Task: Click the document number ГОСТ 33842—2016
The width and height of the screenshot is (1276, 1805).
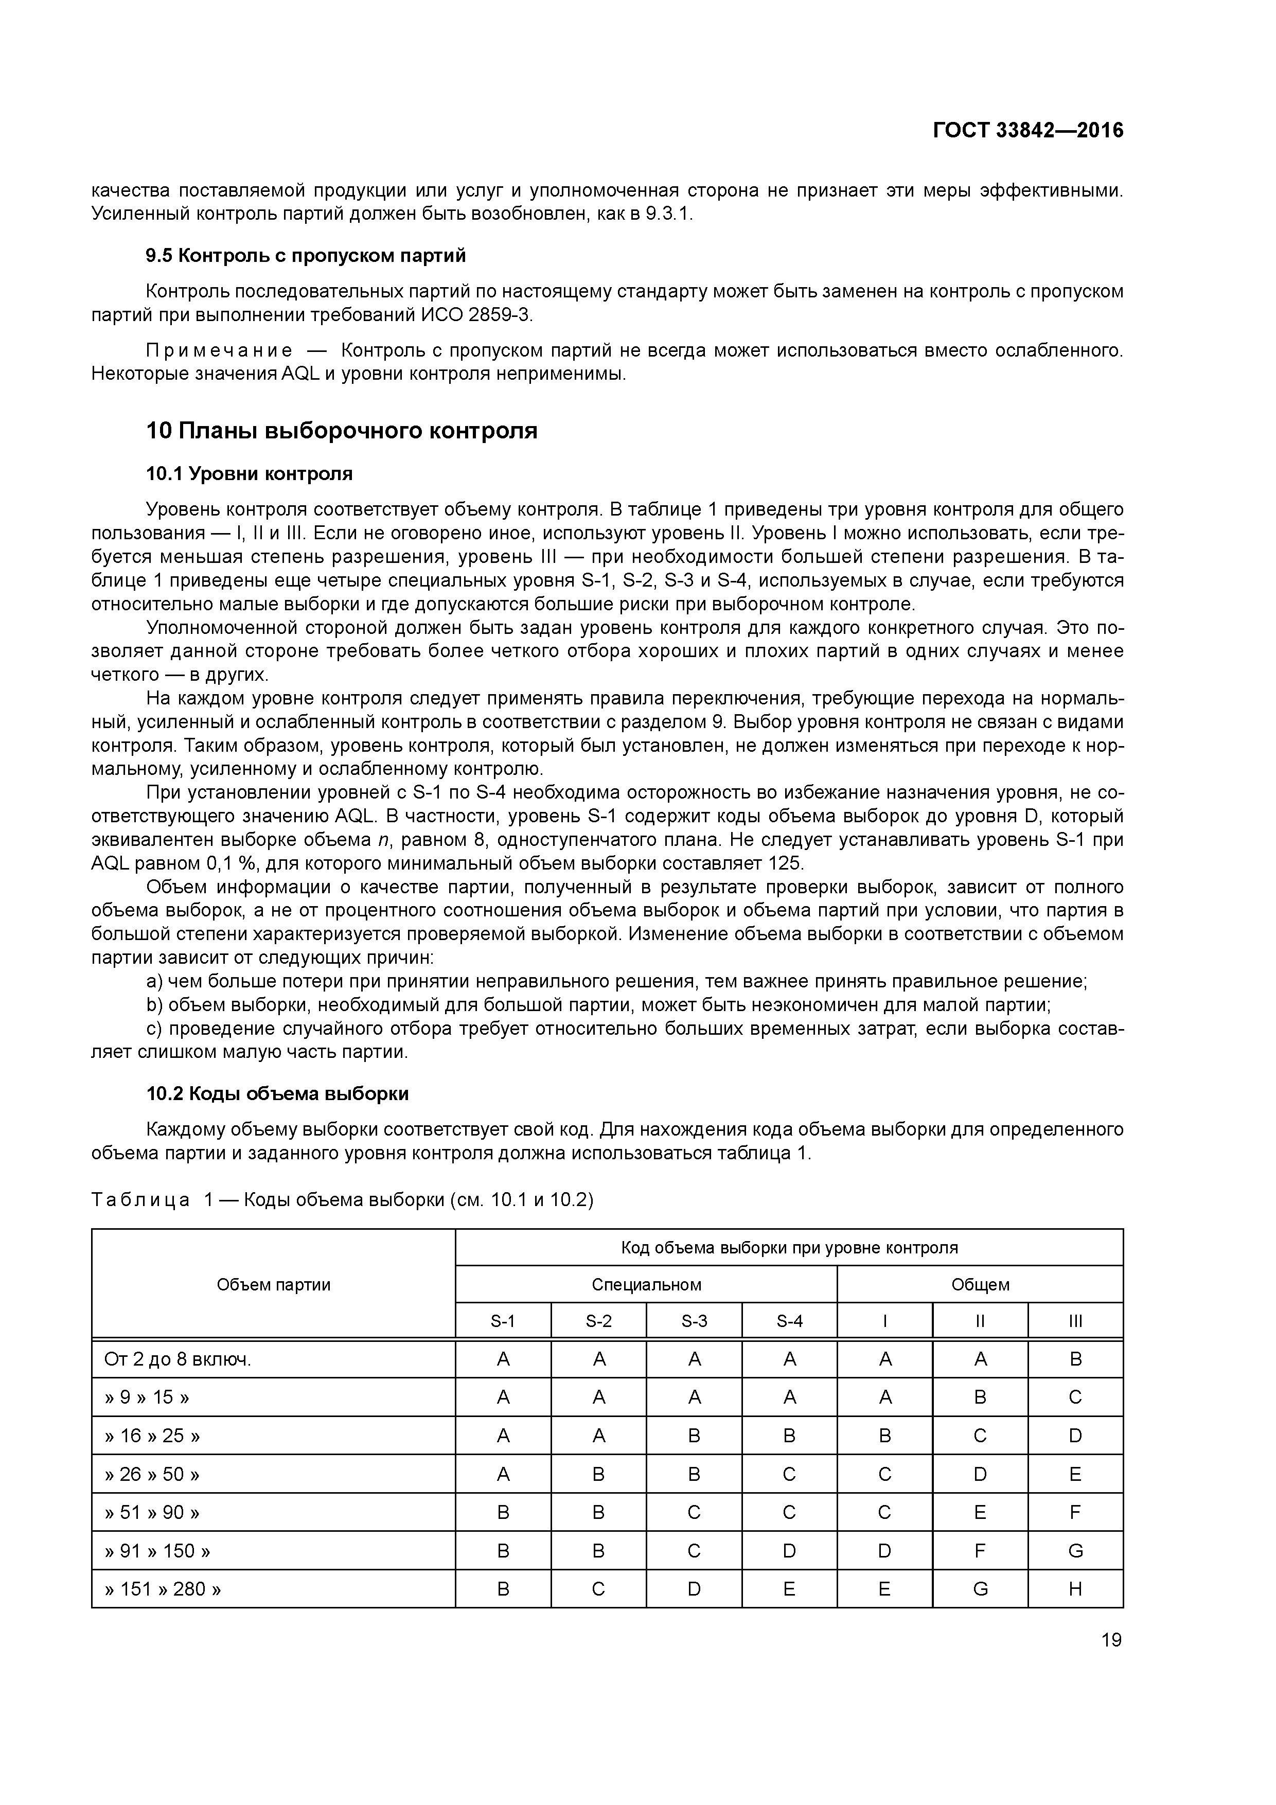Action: click(x=1027, y=131)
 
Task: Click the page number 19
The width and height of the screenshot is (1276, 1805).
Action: click(x=1111, y=1640)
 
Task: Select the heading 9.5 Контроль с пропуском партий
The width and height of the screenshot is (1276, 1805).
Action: click(x=306, y=256)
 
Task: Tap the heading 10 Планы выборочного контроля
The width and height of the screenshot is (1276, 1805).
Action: click(x=342, y=431)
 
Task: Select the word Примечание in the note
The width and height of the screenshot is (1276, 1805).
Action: click(x=219, y=350)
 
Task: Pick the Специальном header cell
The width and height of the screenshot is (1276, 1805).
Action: click(x=646, y=1285)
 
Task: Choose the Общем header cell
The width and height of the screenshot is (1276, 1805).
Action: click(x=980, y=1285)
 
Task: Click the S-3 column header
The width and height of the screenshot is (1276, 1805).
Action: click(x=694, y=1321)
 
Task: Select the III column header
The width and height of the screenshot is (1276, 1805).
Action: click(x=1075, y=1321)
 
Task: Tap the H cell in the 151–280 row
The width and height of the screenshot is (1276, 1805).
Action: click(x=1075, y=1589)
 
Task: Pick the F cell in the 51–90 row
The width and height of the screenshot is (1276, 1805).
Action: click(x=1075, y=1513)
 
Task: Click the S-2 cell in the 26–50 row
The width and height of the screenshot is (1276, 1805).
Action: click(x=598, y=1474)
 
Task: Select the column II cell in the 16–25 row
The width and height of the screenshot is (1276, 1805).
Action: click(x=980, y=1436)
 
